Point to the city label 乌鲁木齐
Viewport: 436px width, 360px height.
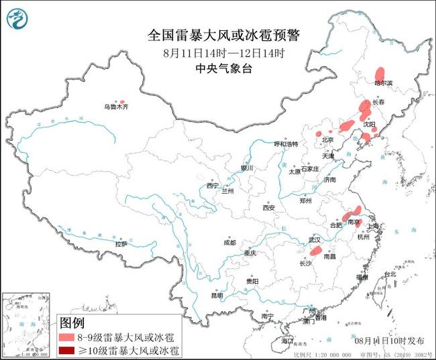pos(115,107)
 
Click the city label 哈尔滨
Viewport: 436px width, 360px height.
pos(384,83)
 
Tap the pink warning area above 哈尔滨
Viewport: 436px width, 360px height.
pos(380,72)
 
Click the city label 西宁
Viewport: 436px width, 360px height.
pos(213,185)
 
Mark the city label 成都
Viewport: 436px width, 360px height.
pos(230,242)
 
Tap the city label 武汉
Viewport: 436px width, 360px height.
pos(315,239)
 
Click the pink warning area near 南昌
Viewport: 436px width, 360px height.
pos(315,251)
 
